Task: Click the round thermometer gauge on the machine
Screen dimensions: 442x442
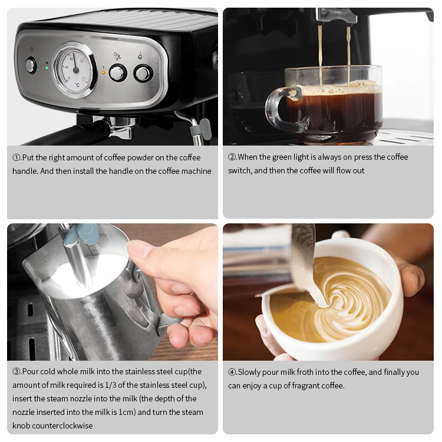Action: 74,69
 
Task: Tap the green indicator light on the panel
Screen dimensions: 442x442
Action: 47,68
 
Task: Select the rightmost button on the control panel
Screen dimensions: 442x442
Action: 143,73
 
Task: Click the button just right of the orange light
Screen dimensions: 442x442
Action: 118,72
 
